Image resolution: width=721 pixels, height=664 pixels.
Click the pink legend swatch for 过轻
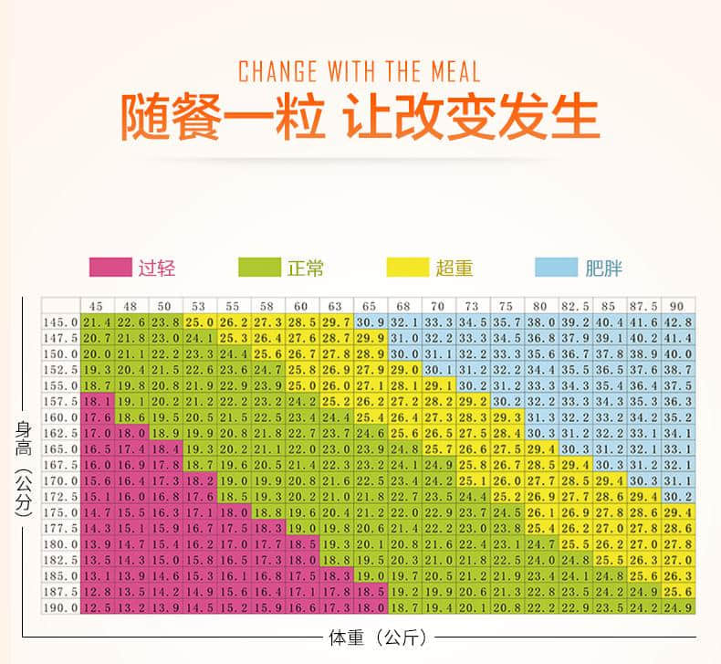pos(110,267)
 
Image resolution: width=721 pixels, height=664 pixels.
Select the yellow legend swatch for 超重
pos(408,267)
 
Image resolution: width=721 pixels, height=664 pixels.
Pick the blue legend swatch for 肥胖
pos(557,267)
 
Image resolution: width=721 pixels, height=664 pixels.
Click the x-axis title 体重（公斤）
pos(377,638)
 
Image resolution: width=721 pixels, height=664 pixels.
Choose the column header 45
pos(95,306)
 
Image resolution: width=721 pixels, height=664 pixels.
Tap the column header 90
pos(676,306)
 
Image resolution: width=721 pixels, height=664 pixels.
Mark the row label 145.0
pos(61,321)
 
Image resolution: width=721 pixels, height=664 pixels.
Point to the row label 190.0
pos(61,606)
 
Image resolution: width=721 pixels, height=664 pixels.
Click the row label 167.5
pos(61,464)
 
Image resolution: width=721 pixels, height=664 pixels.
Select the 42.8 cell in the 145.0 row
pos(677,321)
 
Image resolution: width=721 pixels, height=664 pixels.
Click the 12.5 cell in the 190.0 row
pos(96,606)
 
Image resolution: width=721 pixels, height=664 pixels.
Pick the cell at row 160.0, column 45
pos(96,416)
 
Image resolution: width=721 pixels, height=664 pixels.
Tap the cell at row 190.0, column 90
pos(677,606)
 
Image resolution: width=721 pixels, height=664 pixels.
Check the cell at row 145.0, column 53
pos(198,321)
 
